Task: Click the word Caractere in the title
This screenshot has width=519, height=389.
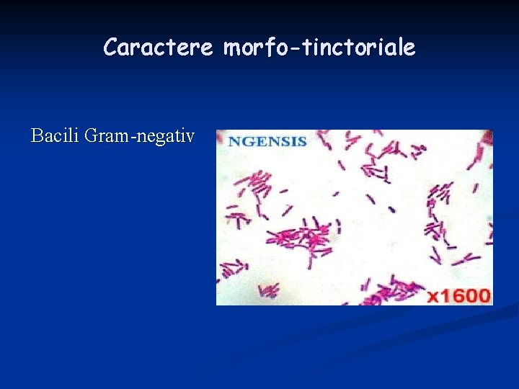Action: pyautogui.click(x=159, y=48)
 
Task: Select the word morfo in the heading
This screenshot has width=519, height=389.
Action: pyautogui.click(x=247, y=48)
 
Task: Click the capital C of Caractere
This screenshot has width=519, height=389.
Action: pyautogui.click(x=111, y=48)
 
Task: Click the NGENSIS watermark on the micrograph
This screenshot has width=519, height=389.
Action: pyautogui.click(x=267, y=141)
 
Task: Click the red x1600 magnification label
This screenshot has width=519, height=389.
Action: pyautogui.click(x=458, y=295)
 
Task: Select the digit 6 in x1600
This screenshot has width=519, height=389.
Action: pyautogui.click(x=461, y=295)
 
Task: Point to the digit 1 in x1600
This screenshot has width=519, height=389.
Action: pyautogui.click(x=446, y=295)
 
